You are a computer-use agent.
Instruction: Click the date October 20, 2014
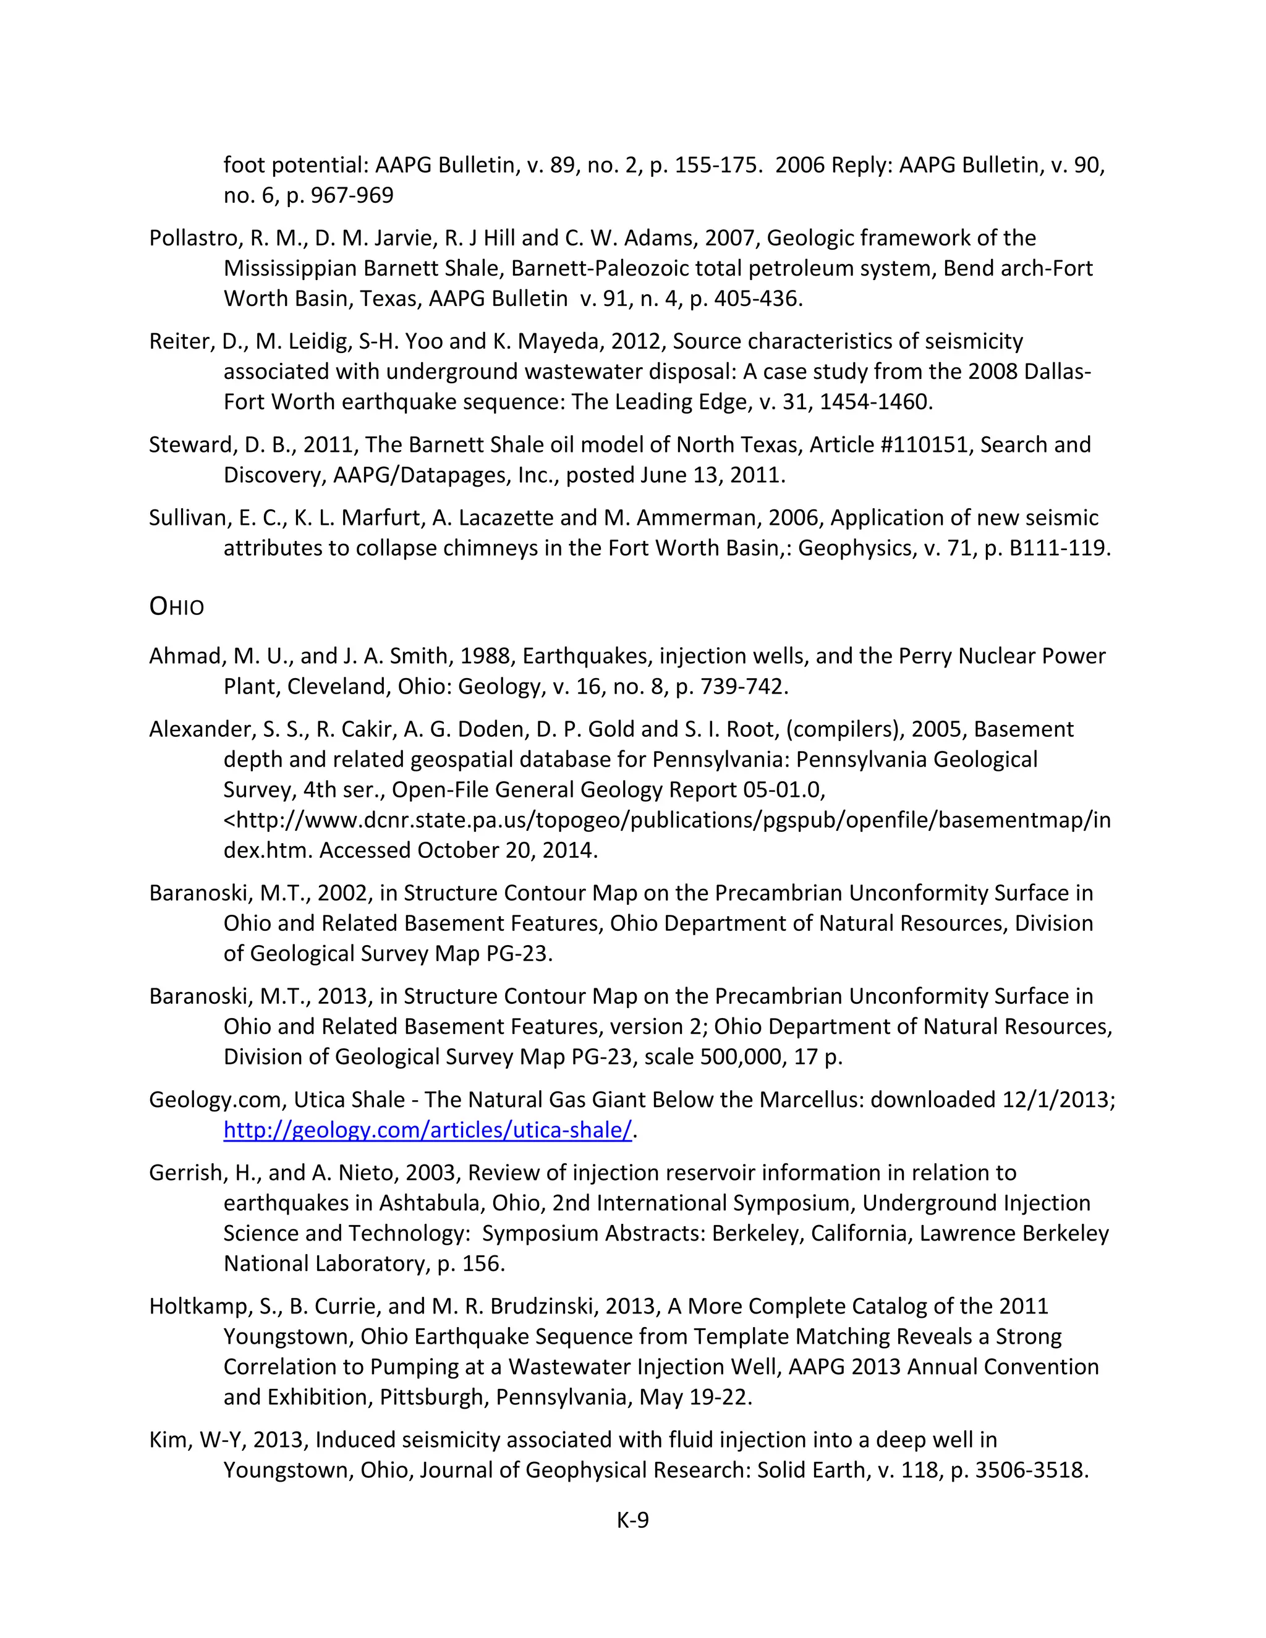click(x=507, y=851)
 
